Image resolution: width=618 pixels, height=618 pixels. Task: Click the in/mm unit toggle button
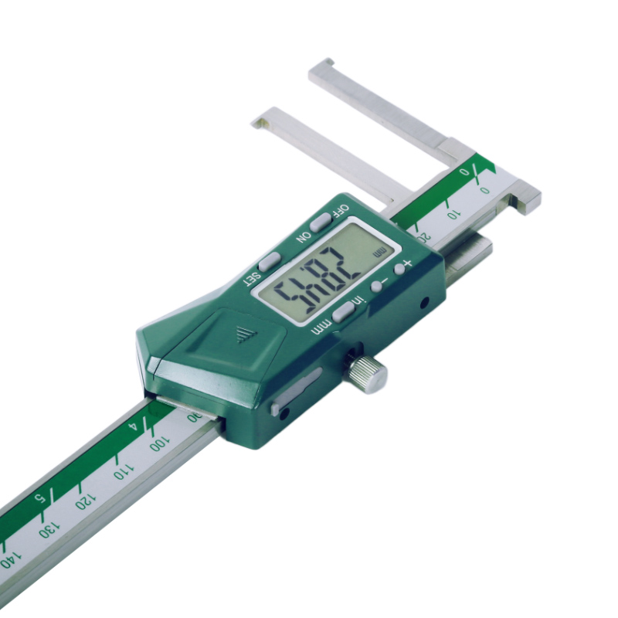(344, 311)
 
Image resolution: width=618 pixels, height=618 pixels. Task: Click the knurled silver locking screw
(368, 374)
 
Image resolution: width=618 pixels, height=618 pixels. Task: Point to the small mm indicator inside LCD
(379, 253)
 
